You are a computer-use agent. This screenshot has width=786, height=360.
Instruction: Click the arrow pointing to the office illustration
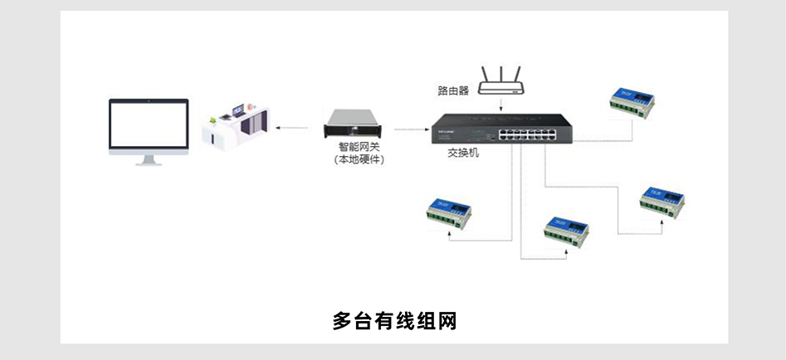tap(290, 129)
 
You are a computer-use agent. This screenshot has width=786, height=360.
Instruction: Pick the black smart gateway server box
tap(356, 127)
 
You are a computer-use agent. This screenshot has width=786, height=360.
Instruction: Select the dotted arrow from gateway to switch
tap(410, 129)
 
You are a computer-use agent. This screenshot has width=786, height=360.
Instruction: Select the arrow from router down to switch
tap(501, 104)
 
